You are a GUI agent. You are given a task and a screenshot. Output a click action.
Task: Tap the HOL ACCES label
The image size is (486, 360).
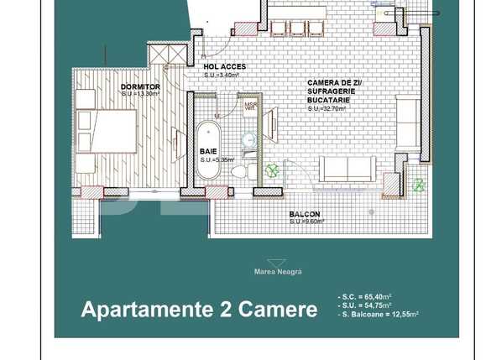point(222,66)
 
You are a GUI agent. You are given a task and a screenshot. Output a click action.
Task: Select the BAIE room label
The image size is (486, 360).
point(207,151)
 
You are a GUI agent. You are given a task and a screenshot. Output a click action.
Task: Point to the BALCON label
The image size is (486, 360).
point(303,214)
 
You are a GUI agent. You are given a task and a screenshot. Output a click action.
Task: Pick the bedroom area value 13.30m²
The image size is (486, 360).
point(138,93)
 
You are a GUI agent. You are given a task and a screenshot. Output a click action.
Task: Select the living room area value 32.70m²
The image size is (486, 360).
point(328,108)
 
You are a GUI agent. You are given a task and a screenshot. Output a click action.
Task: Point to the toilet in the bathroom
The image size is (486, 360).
point(240,171)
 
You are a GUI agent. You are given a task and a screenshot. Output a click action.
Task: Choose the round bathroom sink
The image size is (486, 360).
point(248,139)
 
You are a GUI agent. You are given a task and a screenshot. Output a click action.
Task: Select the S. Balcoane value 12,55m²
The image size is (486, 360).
point(400,314)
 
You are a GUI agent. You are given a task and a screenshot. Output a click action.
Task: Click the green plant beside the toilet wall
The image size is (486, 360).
point(272,170)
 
